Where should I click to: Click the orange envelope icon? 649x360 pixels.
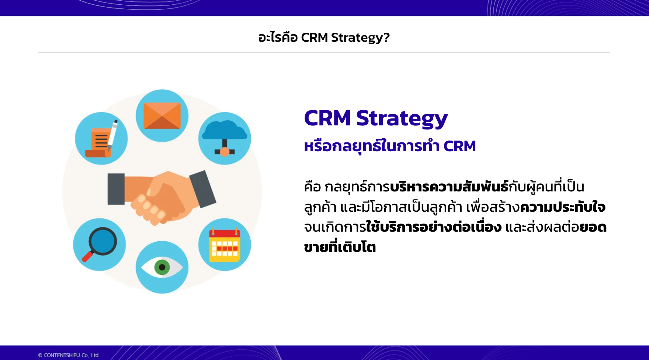(162, 115)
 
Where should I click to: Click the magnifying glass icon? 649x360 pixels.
(100, 244)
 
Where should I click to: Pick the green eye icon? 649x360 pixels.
(162, 267)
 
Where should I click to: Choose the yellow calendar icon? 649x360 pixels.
(225, 245)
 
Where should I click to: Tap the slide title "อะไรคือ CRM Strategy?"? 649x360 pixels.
(324, 37)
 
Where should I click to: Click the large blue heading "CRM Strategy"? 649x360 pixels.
(376, 118)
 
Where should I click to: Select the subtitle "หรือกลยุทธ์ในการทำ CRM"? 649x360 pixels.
(390, 146)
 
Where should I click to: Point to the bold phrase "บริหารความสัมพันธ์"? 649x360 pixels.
(449, 187)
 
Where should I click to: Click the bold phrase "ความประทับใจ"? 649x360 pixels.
(562, 207)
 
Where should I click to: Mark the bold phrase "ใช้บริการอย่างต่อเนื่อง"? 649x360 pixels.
(434, 226)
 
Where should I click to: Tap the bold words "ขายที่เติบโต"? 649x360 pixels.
(340, 247)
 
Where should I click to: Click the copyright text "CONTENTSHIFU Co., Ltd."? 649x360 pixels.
(72, 355)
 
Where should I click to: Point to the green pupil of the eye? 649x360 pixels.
(162, 267)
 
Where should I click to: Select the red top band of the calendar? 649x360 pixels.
(225, 233)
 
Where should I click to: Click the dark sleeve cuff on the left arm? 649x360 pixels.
(116, 189)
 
